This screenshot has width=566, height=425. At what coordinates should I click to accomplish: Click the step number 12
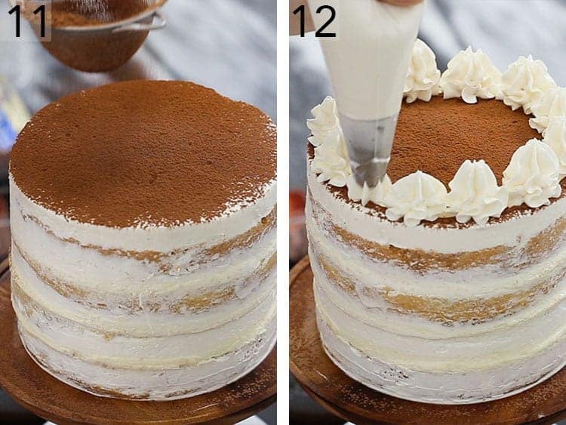314,20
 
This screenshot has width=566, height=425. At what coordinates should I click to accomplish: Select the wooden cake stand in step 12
317,377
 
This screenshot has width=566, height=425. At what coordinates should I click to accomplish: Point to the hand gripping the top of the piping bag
400,3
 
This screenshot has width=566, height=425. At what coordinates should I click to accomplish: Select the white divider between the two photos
283,212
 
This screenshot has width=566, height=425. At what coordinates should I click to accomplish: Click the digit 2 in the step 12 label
325,20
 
